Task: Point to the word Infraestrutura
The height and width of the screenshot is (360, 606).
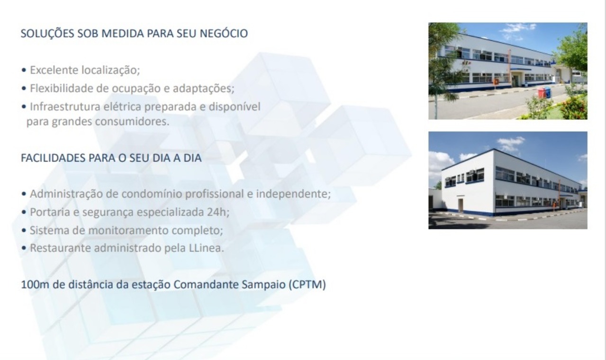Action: click(65, 106)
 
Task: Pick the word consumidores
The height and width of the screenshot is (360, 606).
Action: click(132, 121)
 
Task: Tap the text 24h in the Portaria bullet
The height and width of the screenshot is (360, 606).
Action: click(218, 212)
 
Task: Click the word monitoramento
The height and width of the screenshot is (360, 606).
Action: click(128, 230)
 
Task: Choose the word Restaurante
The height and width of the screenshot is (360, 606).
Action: click(60, 248)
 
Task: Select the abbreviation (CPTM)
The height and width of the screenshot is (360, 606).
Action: click(307, 285)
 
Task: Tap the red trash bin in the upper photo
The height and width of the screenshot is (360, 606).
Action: click(542, 93)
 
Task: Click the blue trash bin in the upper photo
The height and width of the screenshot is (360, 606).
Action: click(548, 92)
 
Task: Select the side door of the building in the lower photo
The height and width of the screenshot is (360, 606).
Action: click(461, 205)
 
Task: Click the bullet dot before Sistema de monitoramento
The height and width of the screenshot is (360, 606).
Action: click(24, 231)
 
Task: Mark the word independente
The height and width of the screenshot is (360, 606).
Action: click(293, 194)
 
